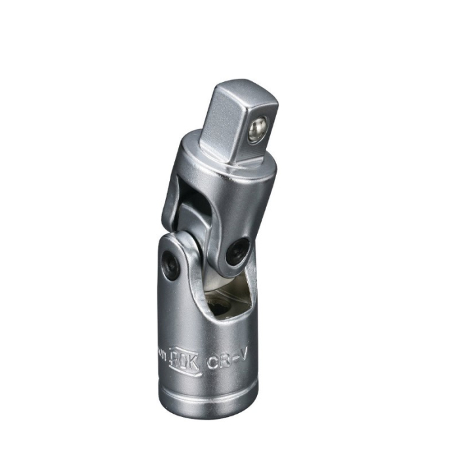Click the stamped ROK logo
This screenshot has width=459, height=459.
pyautogui.click(x=184, y=357)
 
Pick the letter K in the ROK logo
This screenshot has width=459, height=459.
pyautogui.click(x=193, y=359)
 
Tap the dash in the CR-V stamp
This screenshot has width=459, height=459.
pyautogui.click(x=233, y=359)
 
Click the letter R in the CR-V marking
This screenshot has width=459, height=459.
pyautogui.click(x=223, y=360)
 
